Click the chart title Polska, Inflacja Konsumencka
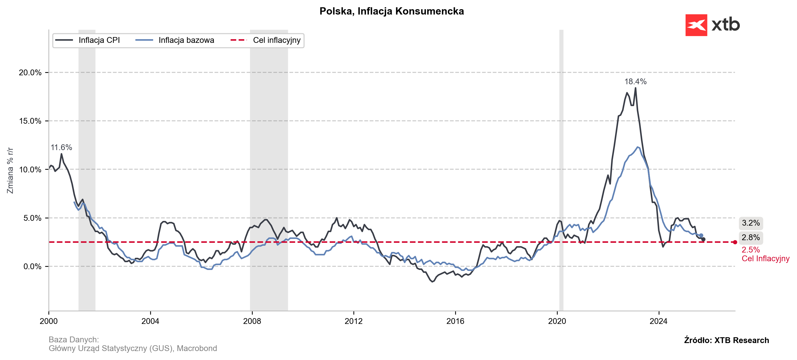391,11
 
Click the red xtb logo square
696,25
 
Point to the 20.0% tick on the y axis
30,73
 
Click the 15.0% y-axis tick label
30,121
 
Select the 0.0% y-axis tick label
32,267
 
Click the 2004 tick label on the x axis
150,321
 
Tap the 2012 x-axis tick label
354,321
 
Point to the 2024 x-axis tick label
659,321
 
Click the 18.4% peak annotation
635,82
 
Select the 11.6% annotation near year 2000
61,147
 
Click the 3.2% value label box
750,223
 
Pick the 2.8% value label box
750,237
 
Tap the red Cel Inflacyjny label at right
766,259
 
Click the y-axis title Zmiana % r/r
10,170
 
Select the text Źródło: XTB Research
727,340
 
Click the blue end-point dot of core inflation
701,235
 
